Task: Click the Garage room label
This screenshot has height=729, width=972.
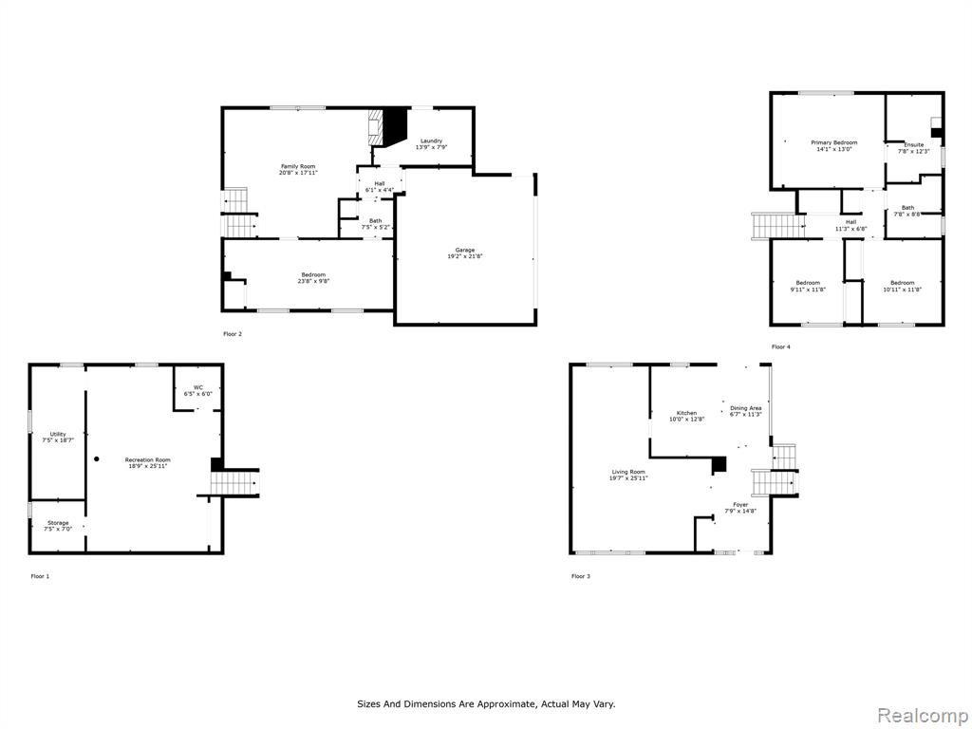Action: coord(465,250)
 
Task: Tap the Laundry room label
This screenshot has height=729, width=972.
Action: coord(432,140)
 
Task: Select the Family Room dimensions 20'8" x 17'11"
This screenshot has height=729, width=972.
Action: coord(298,173)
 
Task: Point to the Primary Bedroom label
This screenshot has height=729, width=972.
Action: coord(834,142)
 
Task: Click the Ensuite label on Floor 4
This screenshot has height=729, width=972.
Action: coord(914,144)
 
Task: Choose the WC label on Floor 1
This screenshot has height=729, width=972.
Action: coord(197,387)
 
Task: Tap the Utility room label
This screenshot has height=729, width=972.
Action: coord(58,434)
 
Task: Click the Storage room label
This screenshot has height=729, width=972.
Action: coord(58,523)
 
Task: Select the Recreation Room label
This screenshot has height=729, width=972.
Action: coord(147,459)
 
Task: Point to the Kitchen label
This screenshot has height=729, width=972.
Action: coord(687,413)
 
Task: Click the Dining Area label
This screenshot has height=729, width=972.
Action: coord(746,408)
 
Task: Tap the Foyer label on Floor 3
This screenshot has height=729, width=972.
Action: coord(740,505)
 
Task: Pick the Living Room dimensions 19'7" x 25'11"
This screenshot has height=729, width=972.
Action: coord(628,478)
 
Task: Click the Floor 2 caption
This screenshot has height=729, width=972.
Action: coord(233,334)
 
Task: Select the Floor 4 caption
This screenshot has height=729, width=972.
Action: coord(781,347)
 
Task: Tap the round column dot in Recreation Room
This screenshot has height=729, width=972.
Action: coord(97,459)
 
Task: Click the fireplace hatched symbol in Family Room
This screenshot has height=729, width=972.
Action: coord(376,127)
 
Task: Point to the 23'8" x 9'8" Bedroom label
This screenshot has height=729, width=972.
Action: coord(313,278)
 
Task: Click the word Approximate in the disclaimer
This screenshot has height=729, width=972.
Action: coord(511,704)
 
